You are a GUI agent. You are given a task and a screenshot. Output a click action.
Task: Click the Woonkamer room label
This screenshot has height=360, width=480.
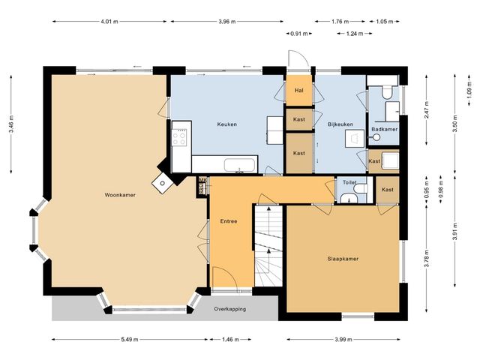[120, 195]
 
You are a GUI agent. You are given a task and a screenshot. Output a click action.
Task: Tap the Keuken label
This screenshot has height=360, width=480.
[226, 124]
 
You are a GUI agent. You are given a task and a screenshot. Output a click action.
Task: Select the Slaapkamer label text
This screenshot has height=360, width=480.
[343, 259]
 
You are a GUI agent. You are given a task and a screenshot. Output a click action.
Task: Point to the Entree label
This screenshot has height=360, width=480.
[229, 221]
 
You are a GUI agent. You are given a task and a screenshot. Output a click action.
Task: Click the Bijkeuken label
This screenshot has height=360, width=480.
[340, 124]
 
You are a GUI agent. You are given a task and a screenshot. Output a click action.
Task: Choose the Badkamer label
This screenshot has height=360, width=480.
[385, 129]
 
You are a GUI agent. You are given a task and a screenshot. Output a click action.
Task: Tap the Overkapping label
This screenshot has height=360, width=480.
[230, 309]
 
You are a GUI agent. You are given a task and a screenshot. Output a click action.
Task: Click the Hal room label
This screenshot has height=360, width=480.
[299, 90]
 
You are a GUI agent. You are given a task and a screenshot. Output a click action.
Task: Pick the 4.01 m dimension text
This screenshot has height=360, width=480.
[109, 22]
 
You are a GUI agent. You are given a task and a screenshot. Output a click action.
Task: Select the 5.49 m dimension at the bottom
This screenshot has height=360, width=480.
[130, 339]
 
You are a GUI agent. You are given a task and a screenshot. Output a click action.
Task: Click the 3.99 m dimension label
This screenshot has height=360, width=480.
[343, 339]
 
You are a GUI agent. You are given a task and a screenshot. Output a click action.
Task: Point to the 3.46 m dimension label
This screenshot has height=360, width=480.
[11, 124]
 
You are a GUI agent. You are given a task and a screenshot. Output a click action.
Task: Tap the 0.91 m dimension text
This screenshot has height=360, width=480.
[299, 34]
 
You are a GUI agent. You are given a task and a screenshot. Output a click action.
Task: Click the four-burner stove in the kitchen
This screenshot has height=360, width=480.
[178, 137]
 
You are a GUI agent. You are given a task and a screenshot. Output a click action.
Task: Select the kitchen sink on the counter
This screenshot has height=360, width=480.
[239, 165]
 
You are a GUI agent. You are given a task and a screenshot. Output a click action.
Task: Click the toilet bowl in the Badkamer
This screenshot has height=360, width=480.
[387, 92]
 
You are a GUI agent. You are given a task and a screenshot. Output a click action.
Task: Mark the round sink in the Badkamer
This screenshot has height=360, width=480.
[376, 137]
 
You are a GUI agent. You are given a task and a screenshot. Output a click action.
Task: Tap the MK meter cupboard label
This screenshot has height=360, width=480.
[202, 180]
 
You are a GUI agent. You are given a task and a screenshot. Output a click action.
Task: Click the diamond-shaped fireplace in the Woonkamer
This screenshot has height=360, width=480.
[163, 183]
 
